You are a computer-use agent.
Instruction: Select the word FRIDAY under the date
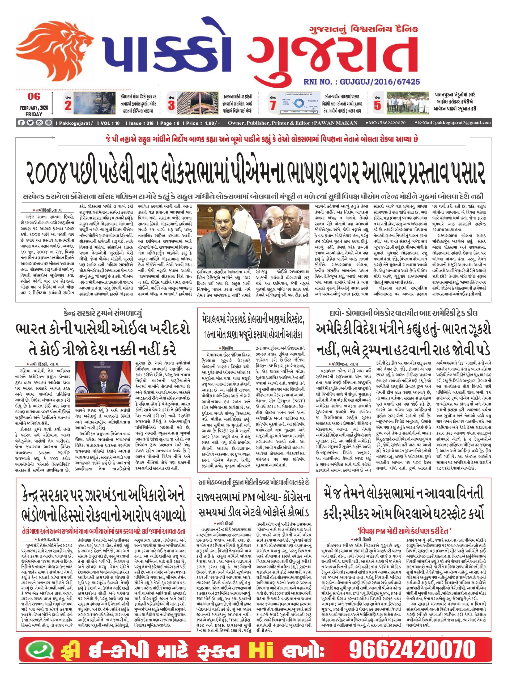(34, 114)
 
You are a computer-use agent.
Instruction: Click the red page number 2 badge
(68, 105)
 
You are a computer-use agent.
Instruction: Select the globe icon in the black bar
(49, 123)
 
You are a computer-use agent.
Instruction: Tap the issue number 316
(150, 123)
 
